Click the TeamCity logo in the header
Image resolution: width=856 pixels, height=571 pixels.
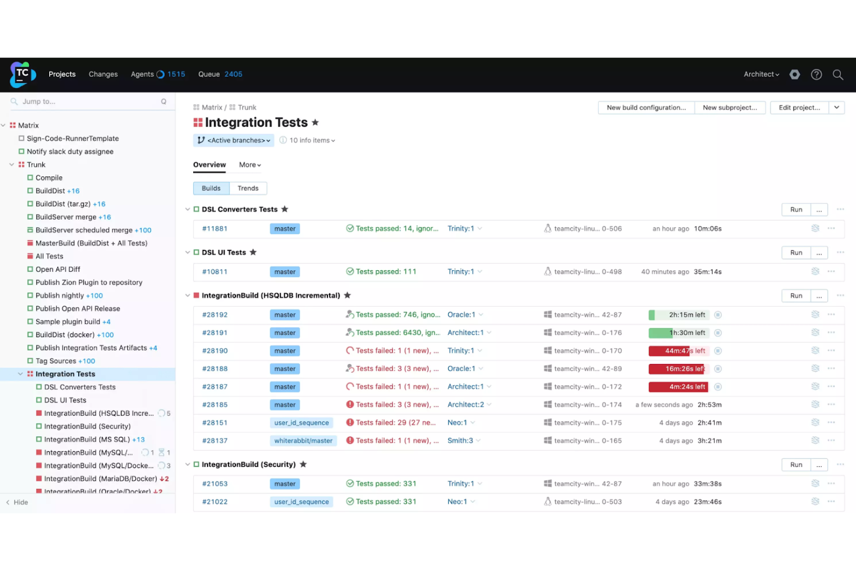(23, 74)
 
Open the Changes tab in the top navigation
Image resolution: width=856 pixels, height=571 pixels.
(103, 74)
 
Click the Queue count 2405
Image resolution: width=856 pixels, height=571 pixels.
(233, 74)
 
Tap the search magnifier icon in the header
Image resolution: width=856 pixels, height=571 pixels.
(837, 75)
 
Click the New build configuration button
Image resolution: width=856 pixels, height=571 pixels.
(646, 108)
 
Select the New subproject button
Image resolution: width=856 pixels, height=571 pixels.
(729, 108)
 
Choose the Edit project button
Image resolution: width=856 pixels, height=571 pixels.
(799, 108)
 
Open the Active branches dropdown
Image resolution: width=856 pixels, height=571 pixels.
(234, 141)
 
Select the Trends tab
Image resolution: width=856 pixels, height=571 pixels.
(248, 189)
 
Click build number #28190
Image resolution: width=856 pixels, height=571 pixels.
(215, 351)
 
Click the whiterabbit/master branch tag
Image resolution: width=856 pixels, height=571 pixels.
(303, 441)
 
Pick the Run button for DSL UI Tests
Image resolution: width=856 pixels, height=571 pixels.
(796, 253)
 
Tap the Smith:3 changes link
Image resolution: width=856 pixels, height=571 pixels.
(460, 441)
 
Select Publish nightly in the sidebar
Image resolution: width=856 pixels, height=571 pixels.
(60, 296)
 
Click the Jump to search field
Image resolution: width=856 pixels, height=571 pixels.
(87, 102)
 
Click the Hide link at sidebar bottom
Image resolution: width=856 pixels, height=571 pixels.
(21, 503)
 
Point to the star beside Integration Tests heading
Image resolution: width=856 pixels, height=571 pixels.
(315, 123)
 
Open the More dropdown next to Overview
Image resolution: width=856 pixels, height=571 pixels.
(250, 165)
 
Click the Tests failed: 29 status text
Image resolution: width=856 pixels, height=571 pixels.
(396, 423)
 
